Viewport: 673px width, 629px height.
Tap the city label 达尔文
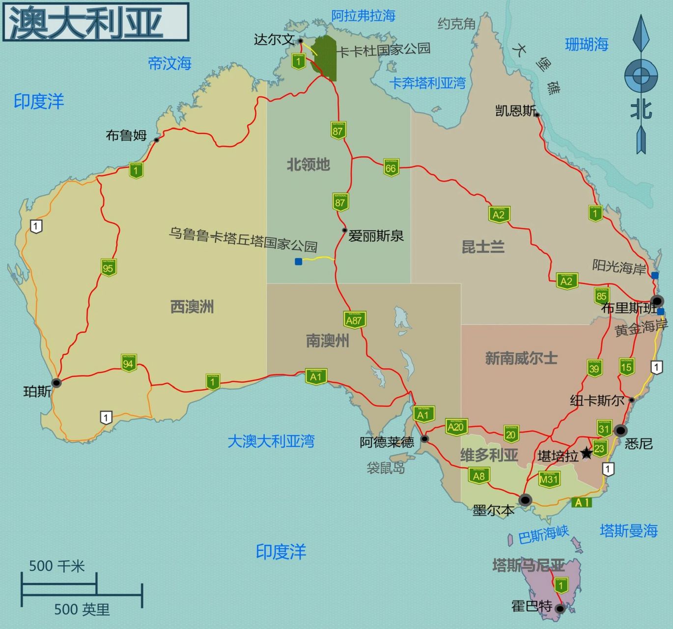[274, 39]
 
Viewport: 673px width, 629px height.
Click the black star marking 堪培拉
[587, 453]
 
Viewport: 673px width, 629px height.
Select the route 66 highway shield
[391, 168]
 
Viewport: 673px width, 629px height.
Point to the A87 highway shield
[354, 320]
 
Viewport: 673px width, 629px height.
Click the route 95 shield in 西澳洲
[109, 267]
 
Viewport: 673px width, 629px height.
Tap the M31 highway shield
[549, 479]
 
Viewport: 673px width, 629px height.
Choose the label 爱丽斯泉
[376, 236]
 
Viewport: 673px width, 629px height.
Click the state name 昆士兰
[483, 247]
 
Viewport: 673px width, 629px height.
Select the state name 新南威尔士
[521, 358]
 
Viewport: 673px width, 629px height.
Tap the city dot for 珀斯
[56, 382]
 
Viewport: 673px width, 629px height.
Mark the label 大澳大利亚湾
[271, 441]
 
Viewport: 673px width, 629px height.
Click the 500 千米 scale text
[56, 566]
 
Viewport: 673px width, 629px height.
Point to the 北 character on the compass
[641, 109]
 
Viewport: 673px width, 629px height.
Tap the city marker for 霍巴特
[560, 608]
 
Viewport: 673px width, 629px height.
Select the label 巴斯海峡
[543, 534]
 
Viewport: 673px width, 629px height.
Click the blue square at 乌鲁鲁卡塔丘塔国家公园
[298, 261]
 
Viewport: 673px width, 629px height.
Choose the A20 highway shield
[456, 427]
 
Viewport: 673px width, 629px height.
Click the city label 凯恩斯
[515, 111]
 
